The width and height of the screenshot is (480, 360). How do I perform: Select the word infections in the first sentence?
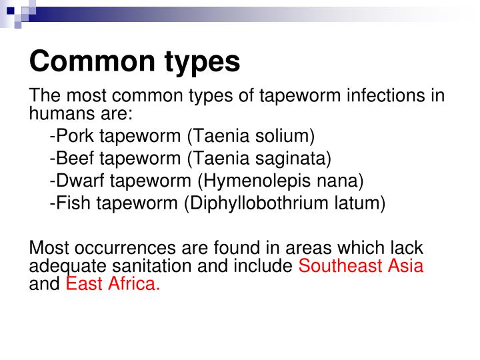point(379,95)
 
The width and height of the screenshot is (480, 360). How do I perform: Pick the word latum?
point(359,203)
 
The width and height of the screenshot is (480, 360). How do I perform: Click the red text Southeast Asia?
point(361,266)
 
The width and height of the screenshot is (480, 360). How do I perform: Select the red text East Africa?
point(113,285)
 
